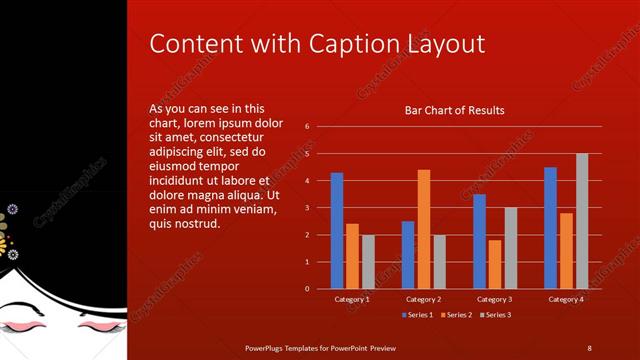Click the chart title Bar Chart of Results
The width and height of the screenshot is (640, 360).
pyautogui.click(x=454, y=110)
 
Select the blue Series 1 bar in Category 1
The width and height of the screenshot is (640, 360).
pyautogui.click(x=337, y=230)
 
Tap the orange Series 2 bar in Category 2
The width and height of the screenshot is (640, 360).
pyautogui.click(x=423, y=229)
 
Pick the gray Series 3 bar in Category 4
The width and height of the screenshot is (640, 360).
pyautogui.click(x=581, y=220)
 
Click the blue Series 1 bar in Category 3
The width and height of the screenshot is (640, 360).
pyautogui.click(x=480, y=241)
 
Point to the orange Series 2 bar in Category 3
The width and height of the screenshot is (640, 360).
pyautogui.click(x=495, y=264)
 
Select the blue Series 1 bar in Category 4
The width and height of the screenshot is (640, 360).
pyautogui.click(x=551, y=227)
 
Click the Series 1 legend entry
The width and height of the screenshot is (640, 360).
pyautogui.click(x=417, y=315)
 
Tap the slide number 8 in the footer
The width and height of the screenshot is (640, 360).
pyautogui.click(x=589, y=348)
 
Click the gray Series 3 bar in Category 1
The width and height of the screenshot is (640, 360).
pyautogui.click(x=367, y=261)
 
